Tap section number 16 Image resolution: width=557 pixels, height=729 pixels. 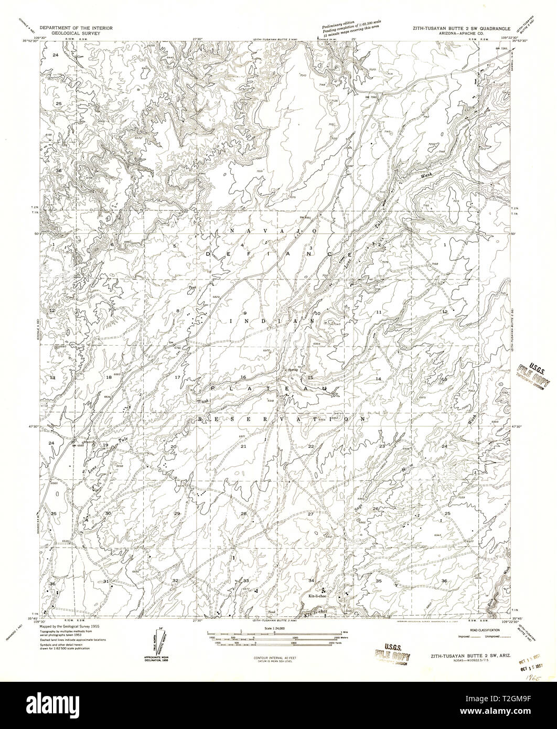coord(243,378)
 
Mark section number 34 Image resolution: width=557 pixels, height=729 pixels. coord(311,581)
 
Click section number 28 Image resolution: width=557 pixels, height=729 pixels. coord(243,513)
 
